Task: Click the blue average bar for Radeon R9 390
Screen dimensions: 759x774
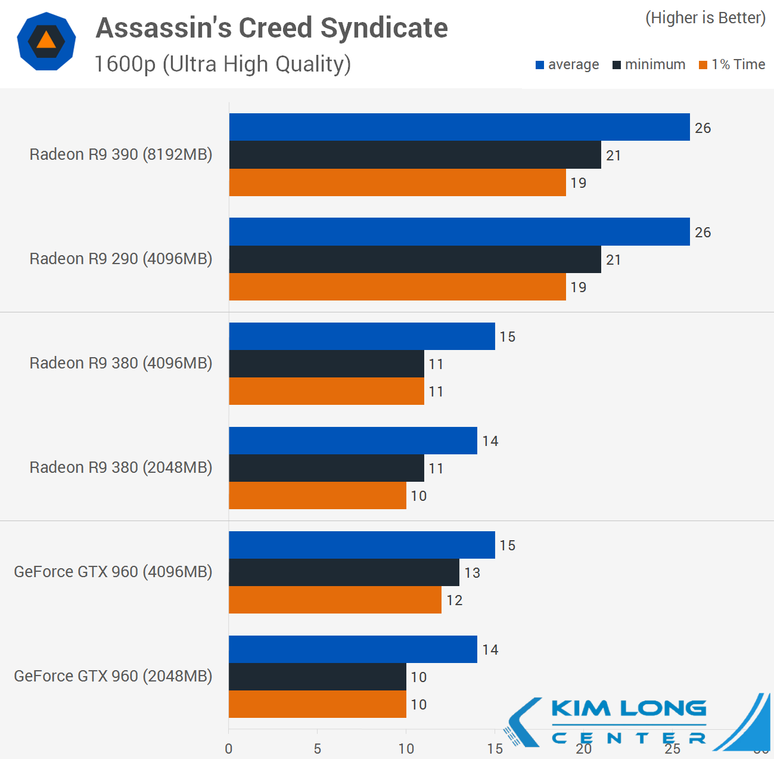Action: point(459,127)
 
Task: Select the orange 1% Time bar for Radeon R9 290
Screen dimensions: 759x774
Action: point(397,287)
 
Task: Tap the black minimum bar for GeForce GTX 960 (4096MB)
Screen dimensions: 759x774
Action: point(344,572)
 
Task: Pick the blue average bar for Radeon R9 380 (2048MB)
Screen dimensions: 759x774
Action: point(353,441)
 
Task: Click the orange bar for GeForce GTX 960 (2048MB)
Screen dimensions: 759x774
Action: point(317,704)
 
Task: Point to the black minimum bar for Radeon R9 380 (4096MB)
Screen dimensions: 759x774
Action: point(326,364)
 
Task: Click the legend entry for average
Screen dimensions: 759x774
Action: point(567,64)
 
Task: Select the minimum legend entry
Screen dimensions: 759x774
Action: point(649,64)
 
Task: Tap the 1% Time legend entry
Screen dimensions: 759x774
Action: point(732,64)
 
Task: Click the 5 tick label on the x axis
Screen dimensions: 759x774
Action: point(317,749)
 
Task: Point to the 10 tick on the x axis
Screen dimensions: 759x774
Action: point(406,749)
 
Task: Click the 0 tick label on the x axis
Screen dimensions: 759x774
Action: point(229,749)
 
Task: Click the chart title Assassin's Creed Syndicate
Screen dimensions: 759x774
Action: point(272,28)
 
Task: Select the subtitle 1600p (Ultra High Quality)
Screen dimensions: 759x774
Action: point(223,64)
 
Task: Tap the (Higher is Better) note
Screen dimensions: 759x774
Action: point(705,18)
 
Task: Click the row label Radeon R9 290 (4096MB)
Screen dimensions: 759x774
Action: point(121,259)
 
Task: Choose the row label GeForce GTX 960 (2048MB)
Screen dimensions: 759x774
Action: point(113,676)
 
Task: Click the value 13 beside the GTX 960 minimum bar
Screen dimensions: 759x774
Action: point(473,573)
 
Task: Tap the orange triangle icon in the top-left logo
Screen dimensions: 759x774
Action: point(46,40)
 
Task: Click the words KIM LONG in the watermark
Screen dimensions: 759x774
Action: point(629,709)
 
